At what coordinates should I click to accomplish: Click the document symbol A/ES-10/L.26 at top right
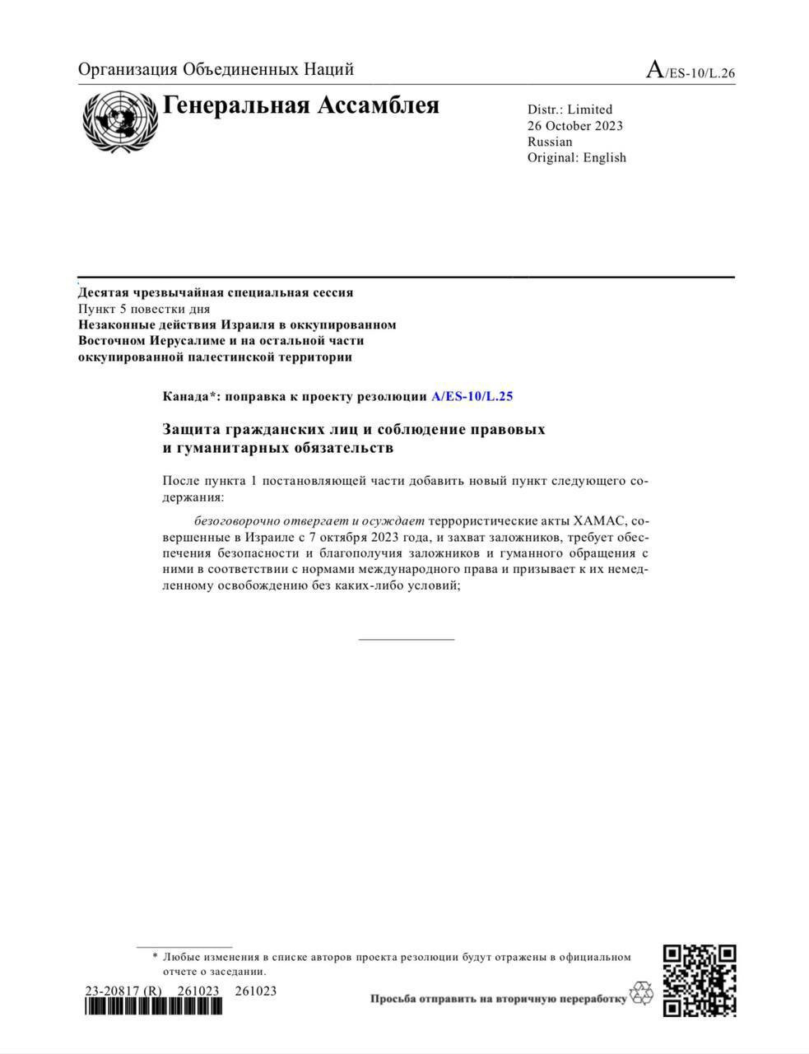[x=690, y=71]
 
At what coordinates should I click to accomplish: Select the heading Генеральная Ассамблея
[x=301, y=106]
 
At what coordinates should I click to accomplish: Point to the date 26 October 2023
[x=574, y=126]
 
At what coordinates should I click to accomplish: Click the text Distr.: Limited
[x=570, y=110]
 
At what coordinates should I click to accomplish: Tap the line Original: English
[x=576, y=157]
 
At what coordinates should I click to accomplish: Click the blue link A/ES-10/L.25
[x=472, y=396]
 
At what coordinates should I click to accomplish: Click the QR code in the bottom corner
[x=699, y=980]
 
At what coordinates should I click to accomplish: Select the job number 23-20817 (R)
[x=123, y=991]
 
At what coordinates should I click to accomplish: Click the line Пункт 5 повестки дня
[x=144, y=309]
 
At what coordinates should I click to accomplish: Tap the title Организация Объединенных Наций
[x=216, y=70]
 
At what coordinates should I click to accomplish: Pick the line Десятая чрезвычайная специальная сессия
[x=216, y=292]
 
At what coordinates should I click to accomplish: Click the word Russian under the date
[x=550, y=142]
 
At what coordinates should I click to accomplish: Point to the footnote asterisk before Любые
[x=155, y=957]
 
